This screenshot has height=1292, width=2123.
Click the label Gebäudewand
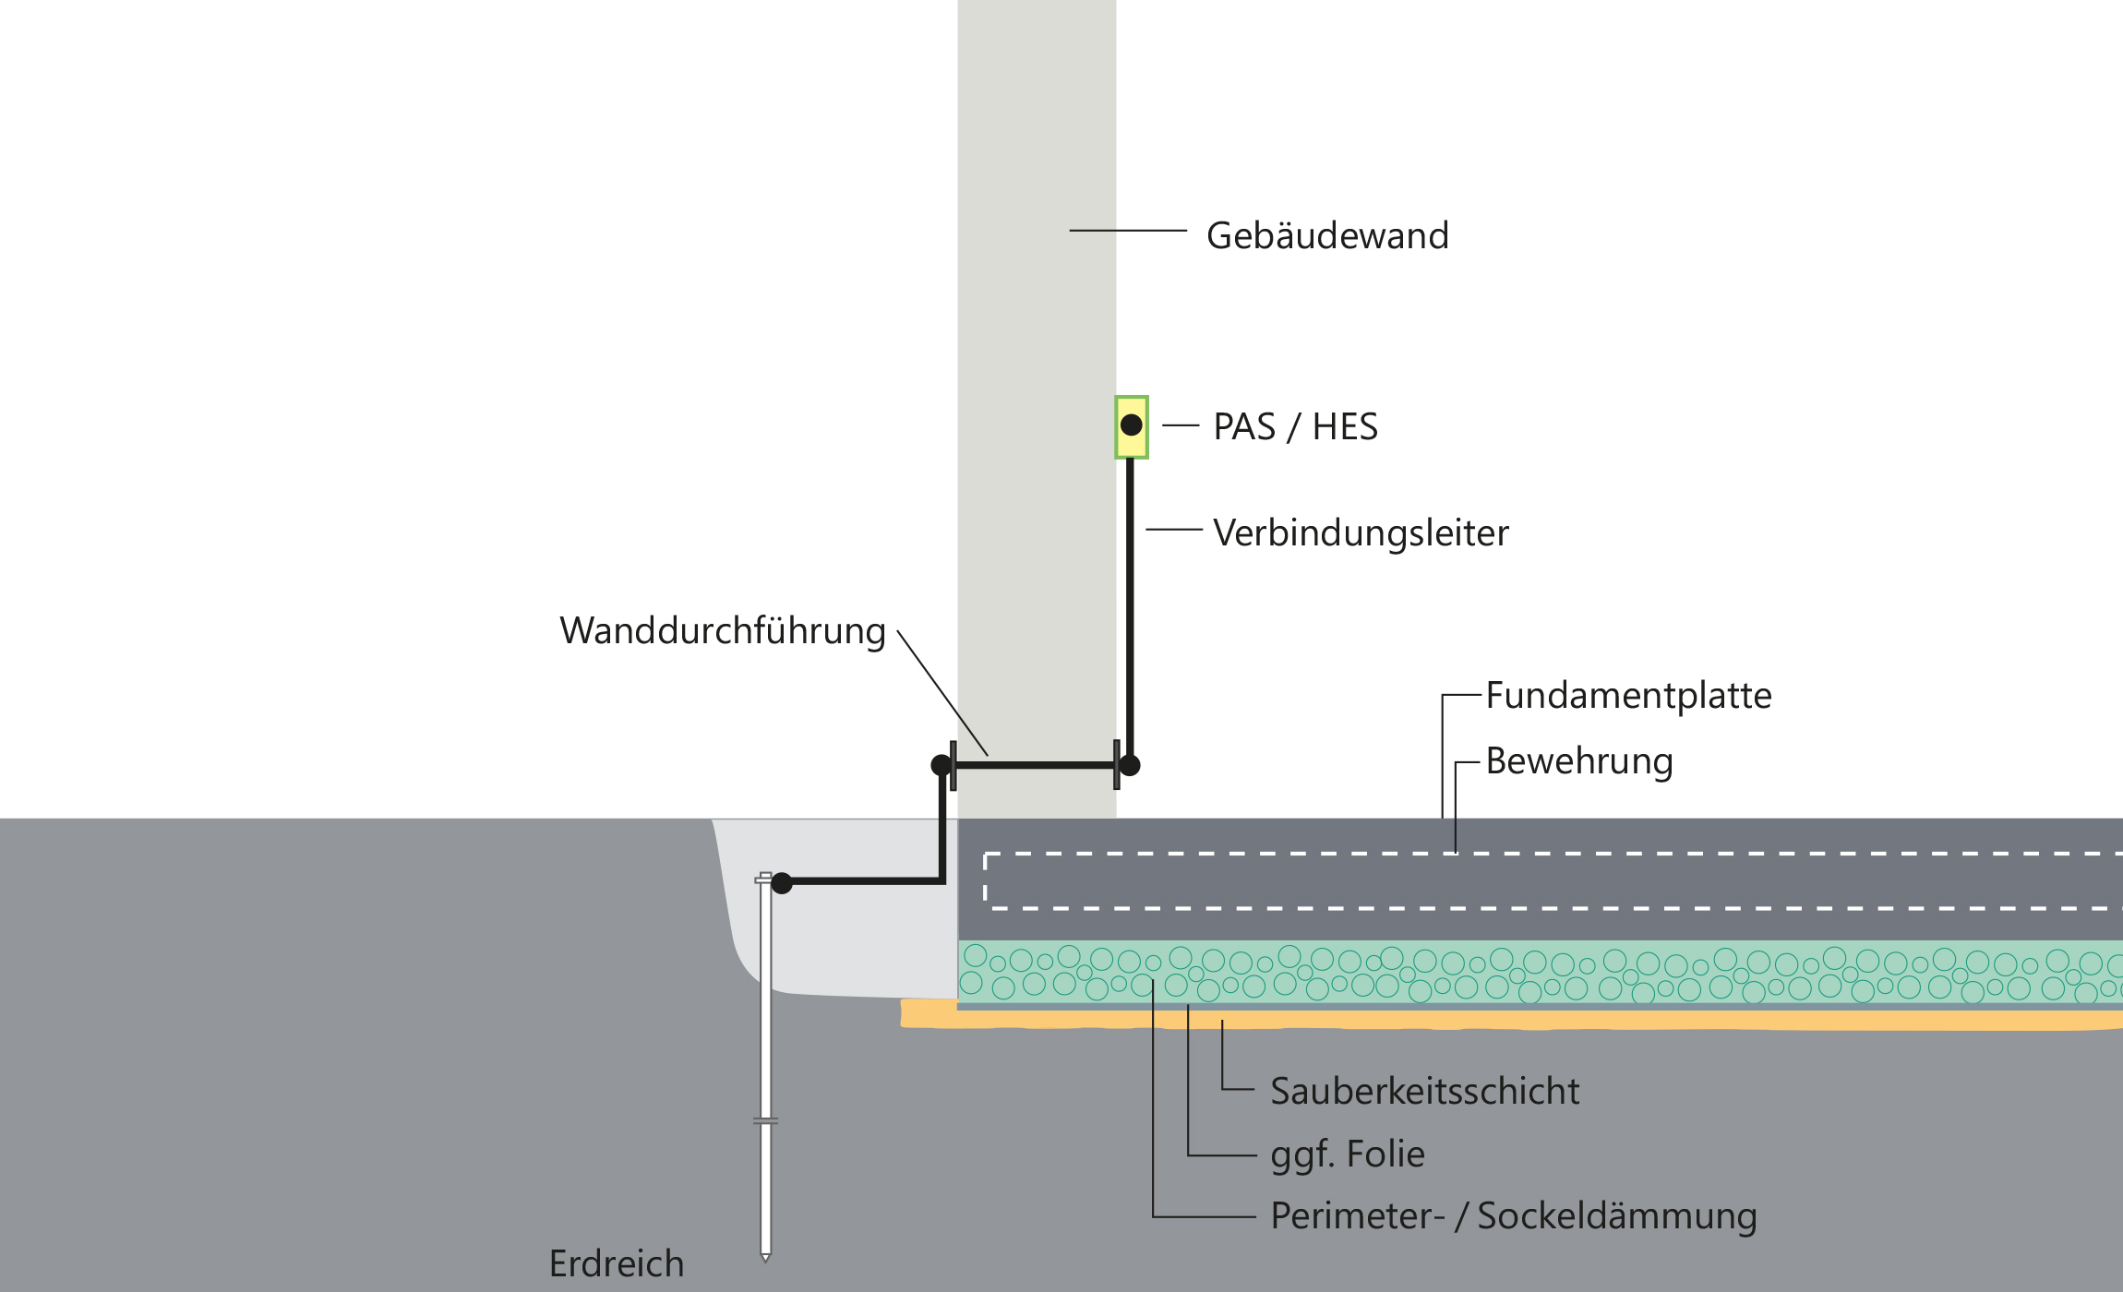tap(1327, 236)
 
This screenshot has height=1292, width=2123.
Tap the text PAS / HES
tap(1295, 427)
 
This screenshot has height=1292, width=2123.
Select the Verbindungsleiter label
tap(1361, 533)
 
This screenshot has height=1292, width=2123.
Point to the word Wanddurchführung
tap(722, 631)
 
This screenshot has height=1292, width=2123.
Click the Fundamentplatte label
tap(1628, 696)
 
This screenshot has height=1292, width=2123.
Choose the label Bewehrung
tap(1578, 761)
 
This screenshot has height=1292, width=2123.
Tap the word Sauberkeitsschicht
tap(1424, 1092)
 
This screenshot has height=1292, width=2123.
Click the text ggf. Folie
tap(1347, 1154)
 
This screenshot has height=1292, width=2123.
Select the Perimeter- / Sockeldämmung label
tap(1513, 1216)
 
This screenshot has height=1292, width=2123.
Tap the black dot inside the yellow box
tap(1132, 425)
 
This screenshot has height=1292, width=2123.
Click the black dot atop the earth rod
tap(782, 883)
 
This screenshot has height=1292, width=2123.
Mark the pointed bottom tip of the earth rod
tap(765, 1258)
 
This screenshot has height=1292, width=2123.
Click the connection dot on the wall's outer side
tap(942, 765)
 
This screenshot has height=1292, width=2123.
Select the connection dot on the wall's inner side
tap(1130, 765)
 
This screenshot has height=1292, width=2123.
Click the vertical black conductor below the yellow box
tap(1130, 600)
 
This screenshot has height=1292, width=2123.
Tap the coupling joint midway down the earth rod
tap(765, 1121)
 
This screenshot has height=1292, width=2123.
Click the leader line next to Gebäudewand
tap(1127, 231)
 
